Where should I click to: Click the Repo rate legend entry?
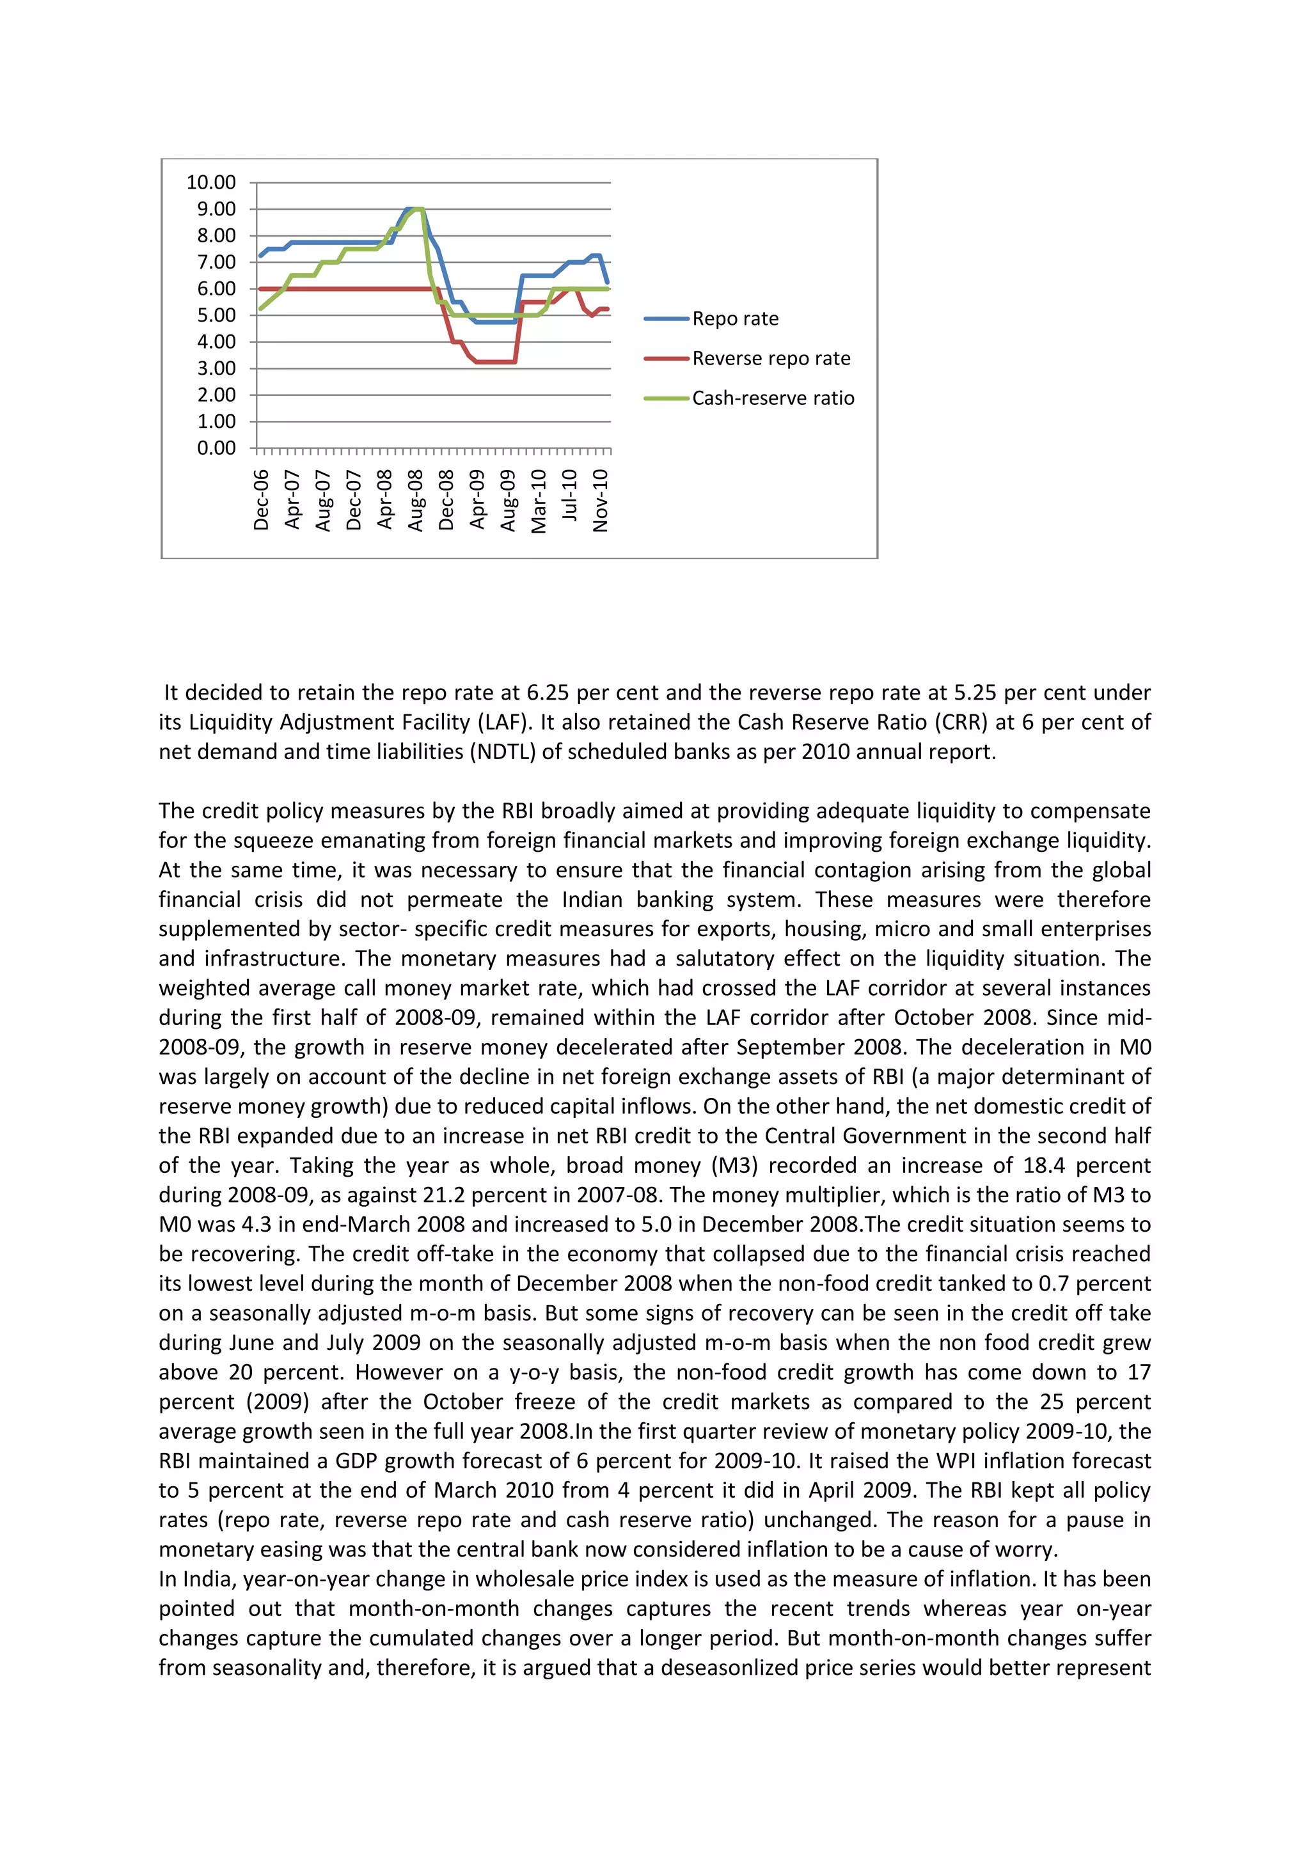(735, 318)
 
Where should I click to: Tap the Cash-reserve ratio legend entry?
(773, 398)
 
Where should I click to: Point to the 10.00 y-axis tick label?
(211, 182)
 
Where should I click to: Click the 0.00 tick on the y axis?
(216, 448)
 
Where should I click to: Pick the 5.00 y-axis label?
(216, 315)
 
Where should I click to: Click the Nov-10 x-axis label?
(600, 500)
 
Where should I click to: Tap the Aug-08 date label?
(415, 500)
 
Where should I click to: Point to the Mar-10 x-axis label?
(539, 500)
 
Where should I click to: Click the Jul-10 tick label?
(569, 495)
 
